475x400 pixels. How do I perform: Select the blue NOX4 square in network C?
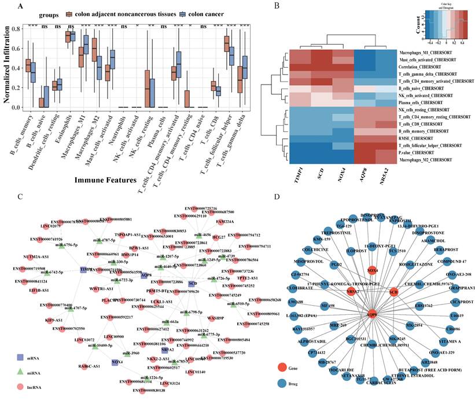pos(115,362)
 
